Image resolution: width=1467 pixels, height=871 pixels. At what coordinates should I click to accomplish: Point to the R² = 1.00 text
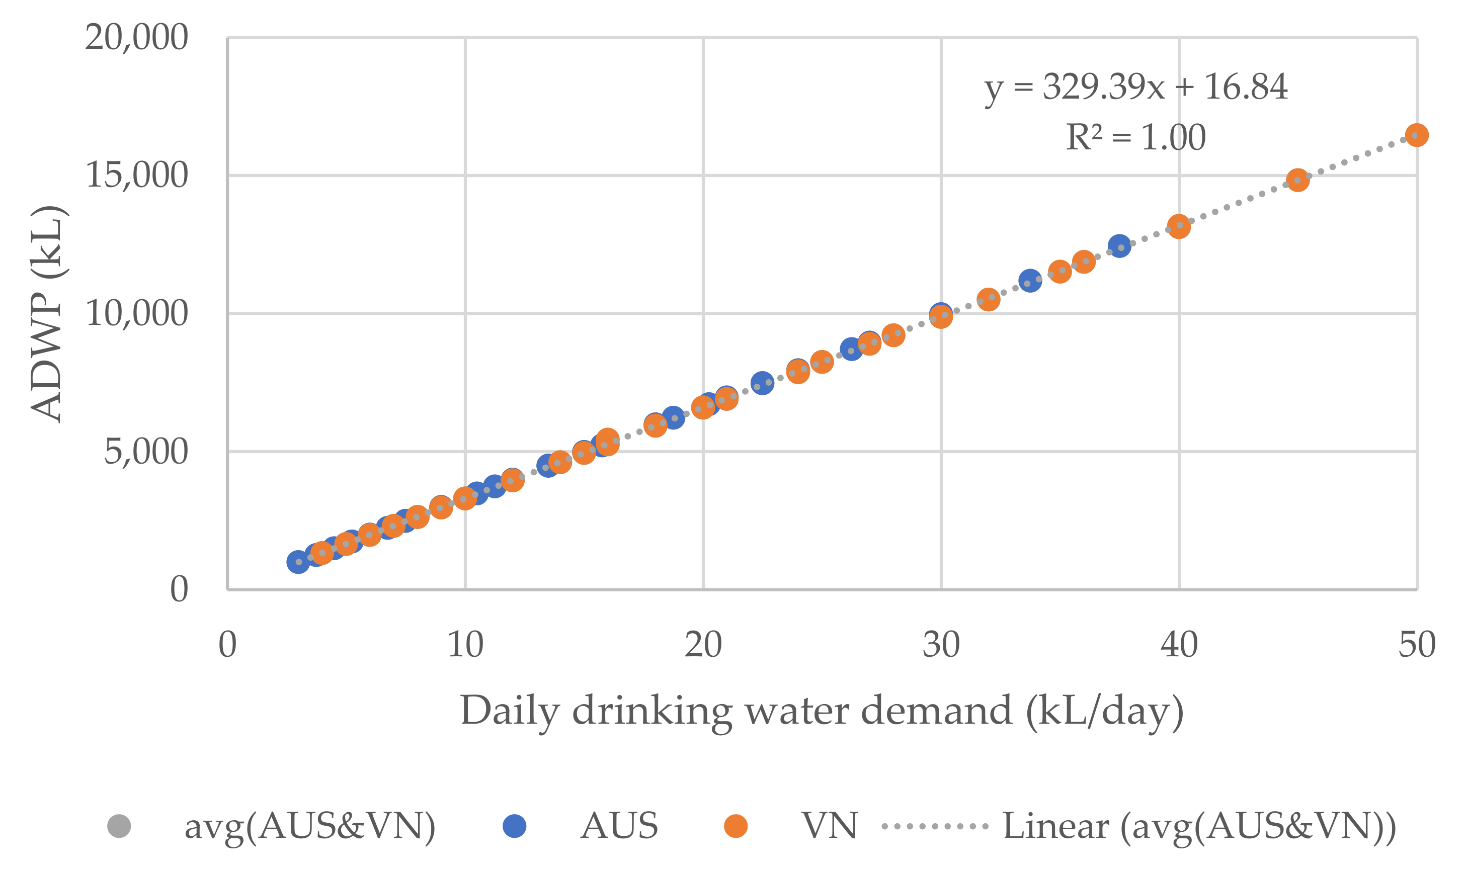tap(1135, 138)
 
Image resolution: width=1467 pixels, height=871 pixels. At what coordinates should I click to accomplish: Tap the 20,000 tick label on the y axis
tap(136, 38)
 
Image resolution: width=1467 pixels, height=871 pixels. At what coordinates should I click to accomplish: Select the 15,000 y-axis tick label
tap(136, 175)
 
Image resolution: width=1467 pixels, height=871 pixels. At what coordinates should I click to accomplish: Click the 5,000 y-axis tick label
tap(145, 452)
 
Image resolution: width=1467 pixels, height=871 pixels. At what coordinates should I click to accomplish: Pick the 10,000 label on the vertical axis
tap(136, 313)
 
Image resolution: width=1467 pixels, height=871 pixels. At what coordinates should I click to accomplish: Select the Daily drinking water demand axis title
tap(822, 711)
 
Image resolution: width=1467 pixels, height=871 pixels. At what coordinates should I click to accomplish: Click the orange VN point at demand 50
tap(1417, 135)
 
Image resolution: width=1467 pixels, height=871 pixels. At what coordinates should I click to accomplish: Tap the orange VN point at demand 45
tap(1297, 180)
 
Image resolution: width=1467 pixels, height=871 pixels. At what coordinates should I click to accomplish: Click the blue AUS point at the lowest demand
tap(298, 562)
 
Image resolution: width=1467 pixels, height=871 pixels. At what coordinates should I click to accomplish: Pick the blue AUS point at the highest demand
tap(1119, 246)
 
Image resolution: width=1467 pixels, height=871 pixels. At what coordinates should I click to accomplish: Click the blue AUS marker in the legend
tap(514, 826)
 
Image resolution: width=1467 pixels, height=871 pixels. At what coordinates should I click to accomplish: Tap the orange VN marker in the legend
tap(736, 826)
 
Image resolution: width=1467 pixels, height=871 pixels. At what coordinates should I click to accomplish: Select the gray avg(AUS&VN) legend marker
tap(119, 826)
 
